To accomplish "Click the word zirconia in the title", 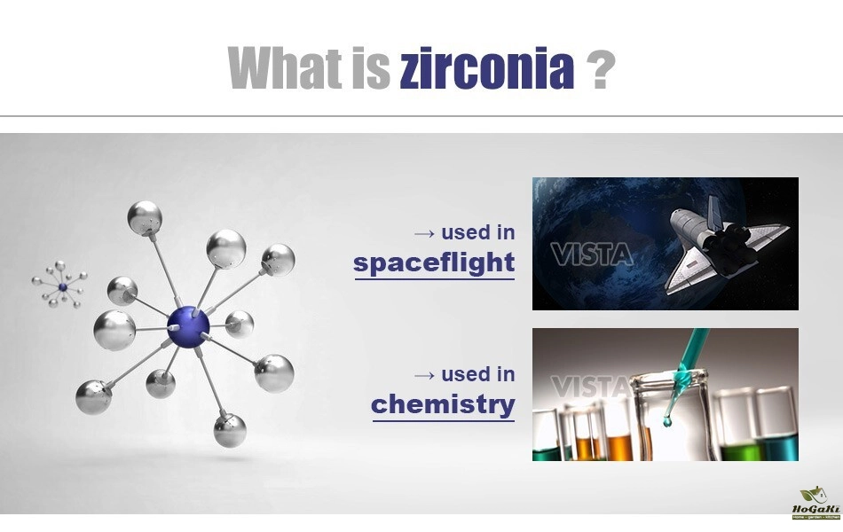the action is tap(487, 68).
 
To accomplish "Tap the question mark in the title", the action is tap(601, 68).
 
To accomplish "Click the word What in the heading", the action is tap(285, 67).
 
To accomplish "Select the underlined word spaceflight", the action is tap(434, 263).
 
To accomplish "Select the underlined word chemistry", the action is tap(443, 405).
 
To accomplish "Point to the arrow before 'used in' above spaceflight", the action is tap(424, 234).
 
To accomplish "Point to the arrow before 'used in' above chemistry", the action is tap(424, 376).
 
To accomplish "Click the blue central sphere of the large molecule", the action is tap(188, 327).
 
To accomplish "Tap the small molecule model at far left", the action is tap(59, 285).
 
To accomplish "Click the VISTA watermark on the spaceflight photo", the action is tap(591, 254).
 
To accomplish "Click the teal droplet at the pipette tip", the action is tap(667, 421).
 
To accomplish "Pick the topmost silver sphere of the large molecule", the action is tap(145, 217).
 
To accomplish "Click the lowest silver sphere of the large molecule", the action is tap(230, 430).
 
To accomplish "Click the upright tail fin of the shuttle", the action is tap(713, 213).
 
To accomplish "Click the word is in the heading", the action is tap(371, 68).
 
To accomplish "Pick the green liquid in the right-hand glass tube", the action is tap(740, 450).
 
